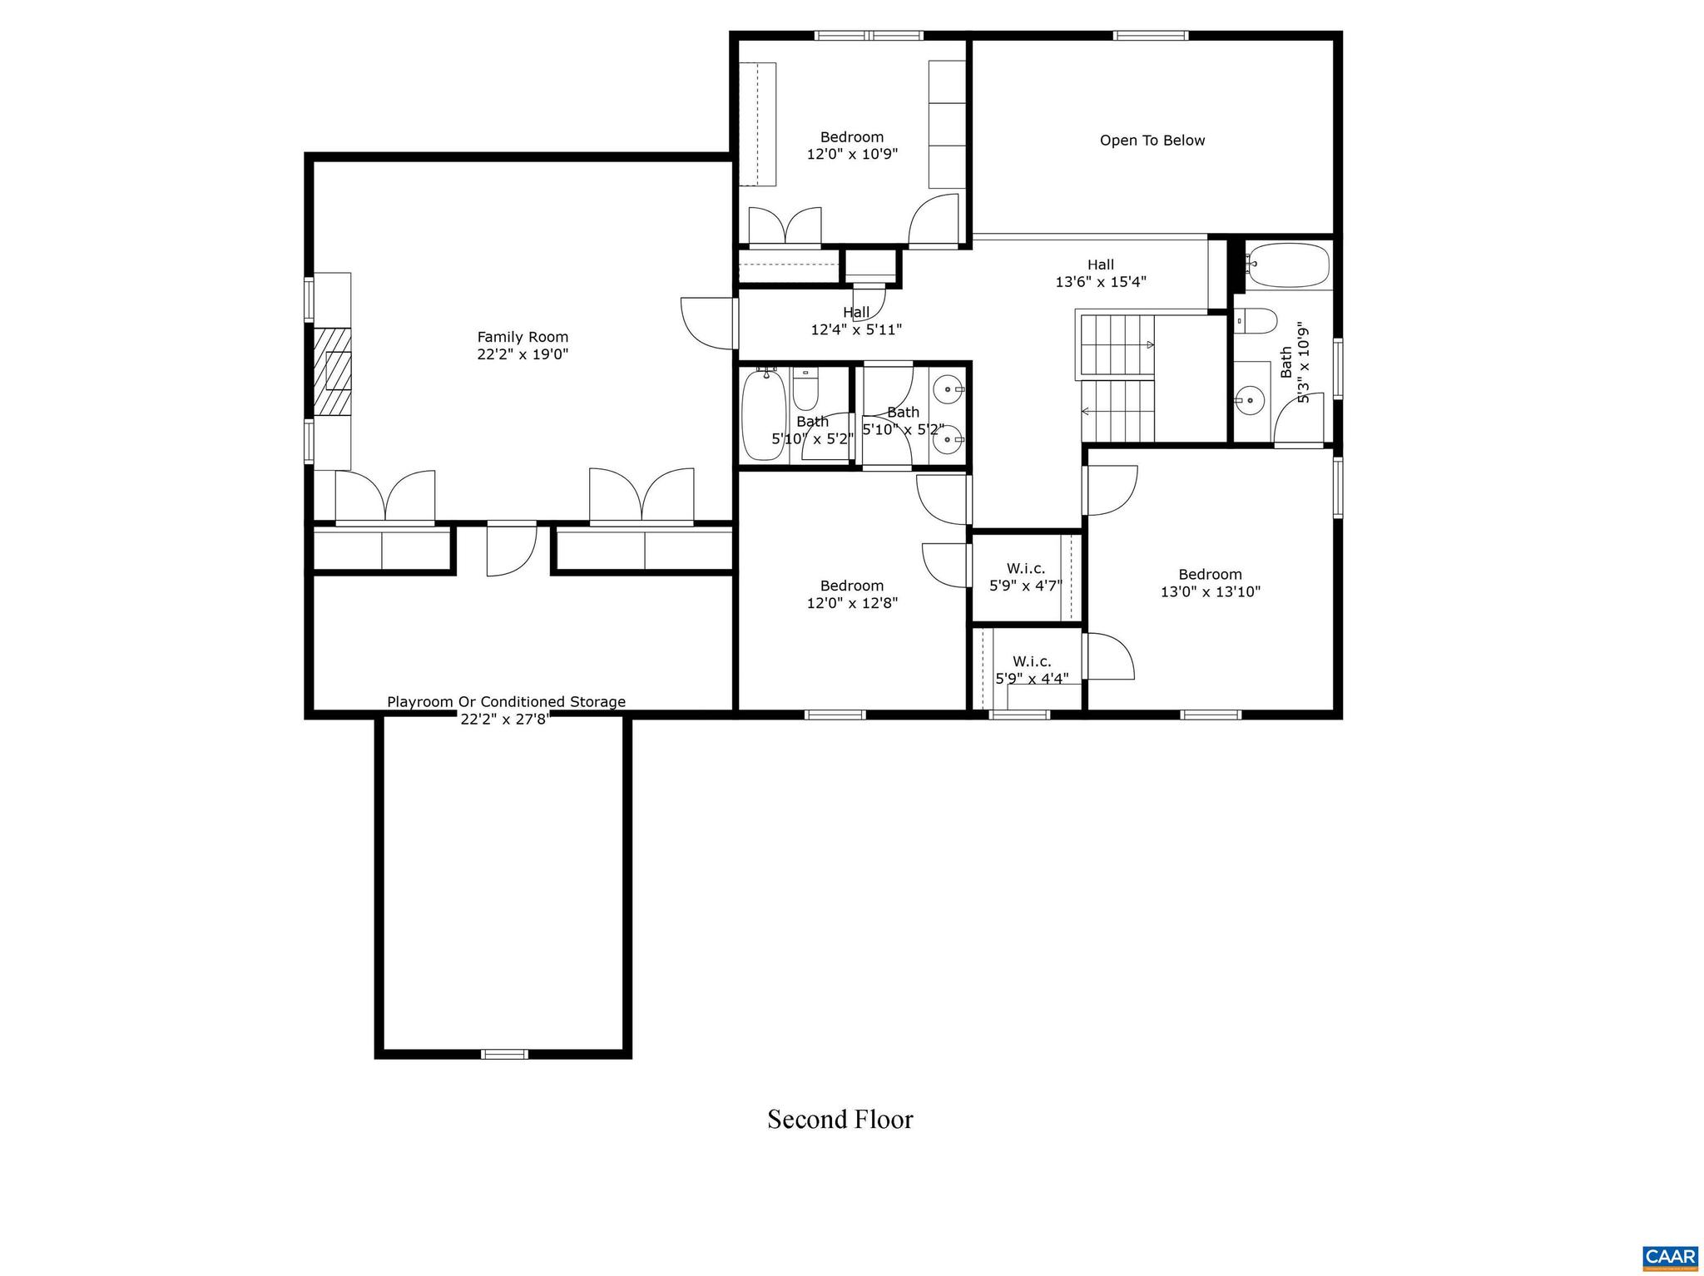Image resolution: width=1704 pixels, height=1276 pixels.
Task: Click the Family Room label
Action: (523, 337)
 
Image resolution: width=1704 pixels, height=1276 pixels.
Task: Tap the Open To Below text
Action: (1152, 141)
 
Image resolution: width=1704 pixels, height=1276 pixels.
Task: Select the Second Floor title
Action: (840, 1120)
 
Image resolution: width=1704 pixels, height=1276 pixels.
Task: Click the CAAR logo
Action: (1671, 1256)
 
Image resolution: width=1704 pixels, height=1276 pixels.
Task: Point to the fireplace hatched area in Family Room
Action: (332, 371)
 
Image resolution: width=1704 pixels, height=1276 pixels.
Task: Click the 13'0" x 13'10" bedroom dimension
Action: (1210, 592)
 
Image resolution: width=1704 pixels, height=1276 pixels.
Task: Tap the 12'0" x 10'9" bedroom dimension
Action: (852, 154)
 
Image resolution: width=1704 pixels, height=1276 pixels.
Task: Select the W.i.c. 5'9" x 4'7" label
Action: (1025, 576)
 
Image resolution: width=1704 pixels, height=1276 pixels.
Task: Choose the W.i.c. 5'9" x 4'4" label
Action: (1032, 670)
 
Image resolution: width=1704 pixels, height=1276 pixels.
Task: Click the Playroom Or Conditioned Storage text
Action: (506, 702)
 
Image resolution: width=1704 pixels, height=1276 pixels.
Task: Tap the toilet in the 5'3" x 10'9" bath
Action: (1256, 320)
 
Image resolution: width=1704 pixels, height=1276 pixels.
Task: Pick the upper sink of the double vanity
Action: (948, 388)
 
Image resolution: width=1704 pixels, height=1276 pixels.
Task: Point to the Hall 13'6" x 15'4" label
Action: (1100, 273)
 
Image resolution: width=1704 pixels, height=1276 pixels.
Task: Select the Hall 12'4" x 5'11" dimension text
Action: (856, 329)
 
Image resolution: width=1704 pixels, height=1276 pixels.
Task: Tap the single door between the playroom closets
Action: (511, 549)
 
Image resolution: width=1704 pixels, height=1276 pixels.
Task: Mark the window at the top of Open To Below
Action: (1151, 35)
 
